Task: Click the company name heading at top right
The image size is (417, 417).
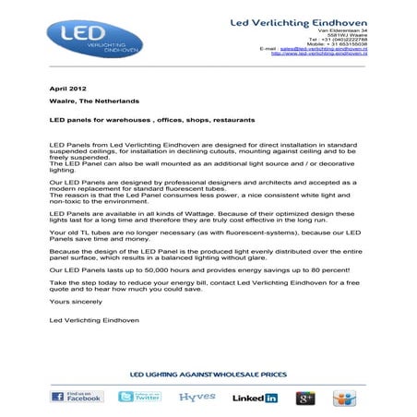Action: point(299,20)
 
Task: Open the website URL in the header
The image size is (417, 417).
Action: point(318,54)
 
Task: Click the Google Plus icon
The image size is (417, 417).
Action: point(305,398)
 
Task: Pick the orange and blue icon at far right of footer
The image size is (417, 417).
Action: point(346,398)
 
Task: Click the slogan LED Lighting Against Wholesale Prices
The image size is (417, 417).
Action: point(208,376)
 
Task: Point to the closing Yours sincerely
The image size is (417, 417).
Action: point(68,302)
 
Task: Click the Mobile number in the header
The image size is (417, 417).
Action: point(333,42)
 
